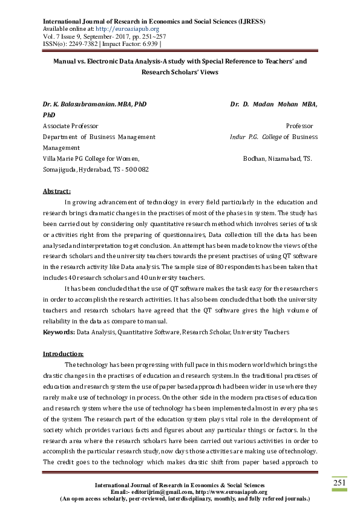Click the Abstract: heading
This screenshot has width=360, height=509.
pyautogui.click(x=56, y=191)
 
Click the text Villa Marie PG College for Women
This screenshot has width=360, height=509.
pyautogui.click(x=91, y=158)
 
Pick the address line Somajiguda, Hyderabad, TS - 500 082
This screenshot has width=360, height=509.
pyautogui.click(x=95, y=169)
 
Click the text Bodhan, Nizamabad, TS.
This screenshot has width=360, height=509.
pyautogui.click(x=277, y=158)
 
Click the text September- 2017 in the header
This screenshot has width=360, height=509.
pyautogui.click(x=105, y=36)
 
